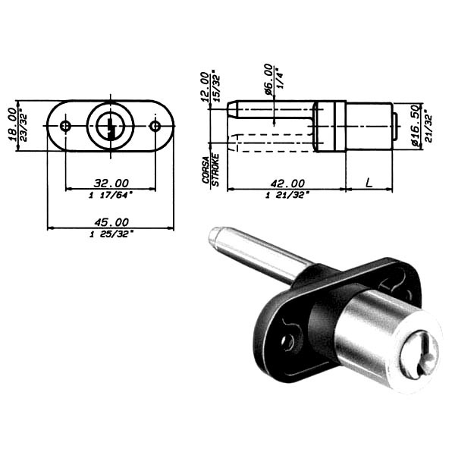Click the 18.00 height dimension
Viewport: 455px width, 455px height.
coord(13,125)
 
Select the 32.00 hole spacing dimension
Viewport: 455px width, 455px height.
coord(111,184)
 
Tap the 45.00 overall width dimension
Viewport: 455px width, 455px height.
coord(111,222)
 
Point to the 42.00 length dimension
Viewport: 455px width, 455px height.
coord(287,184)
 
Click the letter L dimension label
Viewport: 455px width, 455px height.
coord(369,183)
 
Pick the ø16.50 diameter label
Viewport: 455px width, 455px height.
coord(417,126)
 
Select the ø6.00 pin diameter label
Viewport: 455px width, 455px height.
coord(268,79)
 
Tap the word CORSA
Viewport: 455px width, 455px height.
coord(206,170)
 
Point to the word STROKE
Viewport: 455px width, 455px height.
coord(215,170)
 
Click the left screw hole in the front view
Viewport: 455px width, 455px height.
coord(65,126)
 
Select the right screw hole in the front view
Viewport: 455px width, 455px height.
coord(155,126)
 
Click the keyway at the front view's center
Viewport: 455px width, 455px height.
coord(111,127)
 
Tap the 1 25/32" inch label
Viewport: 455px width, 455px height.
coord(111,234)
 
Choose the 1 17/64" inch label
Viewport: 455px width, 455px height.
coord(111,195)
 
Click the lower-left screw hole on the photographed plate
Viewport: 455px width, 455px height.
coord(288,343)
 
